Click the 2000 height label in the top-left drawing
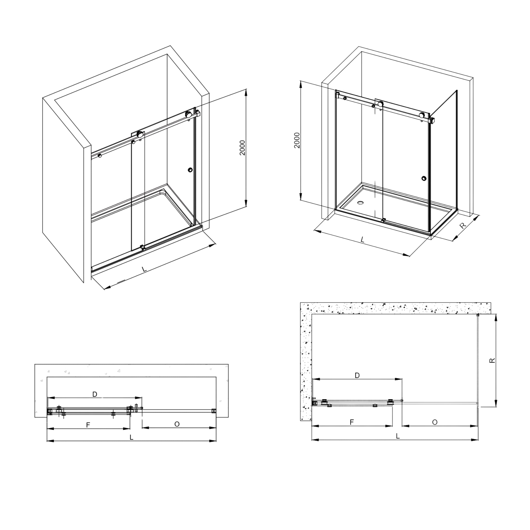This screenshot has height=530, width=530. pos(242,148)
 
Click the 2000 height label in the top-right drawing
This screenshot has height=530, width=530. pos(297,141)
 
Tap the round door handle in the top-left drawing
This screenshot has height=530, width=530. pos(190,170)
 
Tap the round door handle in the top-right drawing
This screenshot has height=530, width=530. pos(424,179)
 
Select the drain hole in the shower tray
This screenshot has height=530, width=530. pos(360,203)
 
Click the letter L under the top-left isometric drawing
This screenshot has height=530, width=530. pos(144,269)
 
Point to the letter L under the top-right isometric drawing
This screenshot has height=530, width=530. pos(362,240)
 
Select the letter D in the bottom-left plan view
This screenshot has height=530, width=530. pos(95,394)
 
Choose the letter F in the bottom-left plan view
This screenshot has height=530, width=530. pos(88,425)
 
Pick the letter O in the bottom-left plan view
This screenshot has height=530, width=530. pos(177,424)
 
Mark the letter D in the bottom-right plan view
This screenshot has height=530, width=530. pos(357,375)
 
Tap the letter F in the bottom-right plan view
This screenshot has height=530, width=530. pos(352,422)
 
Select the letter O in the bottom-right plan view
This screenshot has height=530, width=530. pos(435,422)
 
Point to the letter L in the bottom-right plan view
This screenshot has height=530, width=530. pos(398,436)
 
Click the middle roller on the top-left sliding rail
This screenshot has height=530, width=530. pos(141,134)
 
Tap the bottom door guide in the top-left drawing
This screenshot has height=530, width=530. pos(142,247)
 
